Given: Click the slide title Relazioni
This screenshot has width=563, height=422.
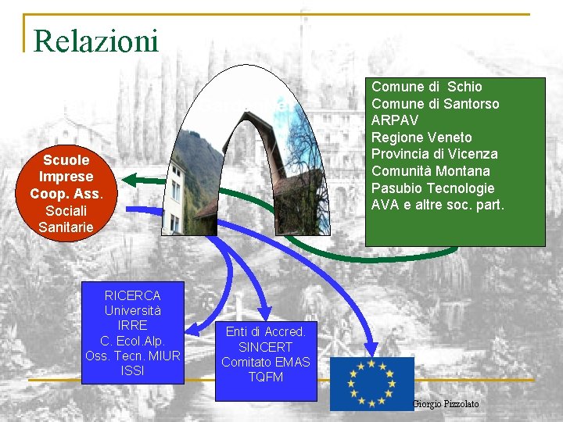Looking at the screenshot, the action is point(96,41).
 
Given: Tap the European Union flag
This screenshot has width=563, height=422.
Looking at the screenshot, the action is point(371,383).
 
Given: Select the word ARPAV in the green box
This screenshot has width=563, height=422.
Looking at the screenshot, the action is point(395,120).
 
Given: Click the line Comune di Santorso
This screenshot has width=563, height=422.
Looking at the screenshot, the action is point(435,103).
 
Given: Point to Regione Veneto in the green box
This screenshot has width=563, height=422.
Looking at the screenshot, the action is point(421,138).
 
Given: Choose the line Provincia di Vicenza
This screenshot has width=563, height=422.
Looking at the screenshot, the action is point(434,154).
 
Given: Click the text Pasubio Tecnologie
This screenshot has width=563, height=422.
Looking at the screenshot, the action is point(433,188).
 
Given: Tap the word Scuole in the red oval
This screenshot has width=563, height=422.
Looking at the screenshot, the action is point(66,159).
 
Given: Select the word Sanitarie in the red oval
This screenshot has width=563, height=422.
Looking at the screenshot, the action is point(66,227).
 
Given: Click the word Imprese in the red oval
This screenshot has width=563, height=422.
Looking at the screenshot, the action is point(66,177).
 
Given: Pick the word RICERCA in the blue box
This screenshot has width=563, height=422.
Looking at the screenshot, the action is point(132,295).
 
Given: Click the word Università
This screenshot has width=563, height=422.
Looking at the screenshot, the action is point(132,310).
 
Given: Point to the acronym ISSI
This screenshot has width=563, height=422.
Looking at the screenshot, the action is point(132,370).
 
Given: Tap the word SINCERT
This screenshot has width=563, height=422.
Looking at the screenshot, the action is point(265,347).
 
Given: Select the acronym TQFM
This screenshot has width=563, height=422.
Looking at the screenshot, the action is point(265,377).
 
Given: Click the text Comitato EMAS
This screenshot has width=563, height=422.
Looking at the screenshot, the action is point(265,362).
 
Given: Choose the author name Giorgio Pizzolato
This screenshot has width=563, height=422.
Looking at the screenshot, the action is point(446,403).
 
